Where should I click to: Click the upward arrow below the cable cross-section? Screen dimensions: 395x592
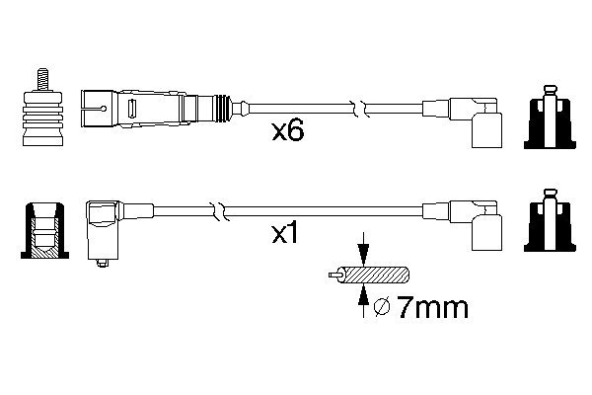pos(364,300)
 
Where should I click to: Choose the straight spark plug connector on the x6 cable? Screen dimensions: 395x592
pos(158,103)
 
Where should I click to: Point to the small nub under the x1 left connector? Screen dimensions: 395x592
pos(103,263)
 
